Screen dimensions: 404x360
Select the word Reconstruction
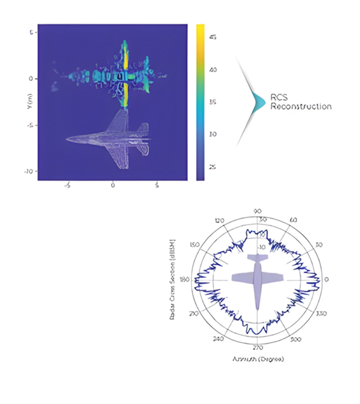click(301, 106)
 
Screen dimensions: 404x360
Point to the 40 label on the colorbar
click(214, 70)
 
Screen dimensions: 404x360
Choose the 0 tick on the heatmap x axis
click(113, 186)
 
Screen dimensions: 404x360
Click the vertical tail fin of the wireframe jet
click(143, 129)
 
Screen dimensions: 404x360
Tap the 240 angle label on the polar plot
click(219, 339)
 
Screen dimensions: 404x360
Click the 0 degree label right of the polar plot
click(327, 280)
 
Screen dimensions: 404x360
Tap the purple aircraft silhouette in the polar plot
click(258, 278)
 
